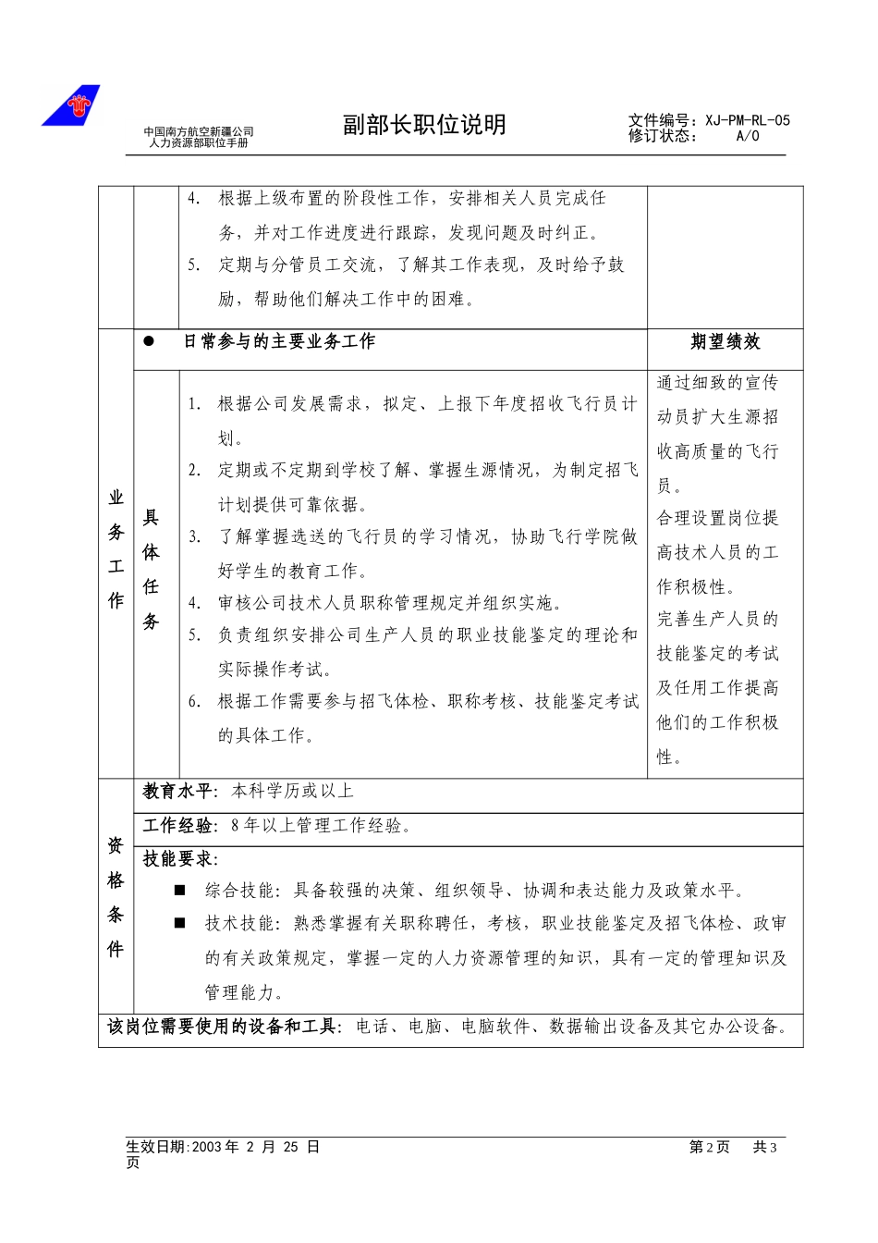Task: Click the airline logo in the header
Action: [71, 105]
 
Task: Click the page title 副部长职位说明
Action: [424, 125]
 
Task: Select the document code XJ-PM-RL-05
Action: [748, 120]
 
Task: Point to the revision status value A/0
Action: [747, 136]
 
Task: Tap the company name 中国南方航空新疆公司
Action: [199, 132]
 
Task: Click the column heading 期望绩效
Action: [726, 342]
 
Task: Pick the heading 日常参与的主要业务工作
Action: [279, 342]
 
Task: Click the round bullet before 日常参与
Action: [149, 341]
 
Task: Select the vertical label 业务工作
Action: [116, 549]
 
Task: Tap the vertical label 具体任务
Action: [151, 570]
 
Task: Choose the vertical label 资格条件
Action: [116, 897]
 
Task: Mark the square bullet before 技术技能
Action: [180, 924]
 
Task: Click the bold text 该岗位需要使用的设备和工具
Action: [225, 1027]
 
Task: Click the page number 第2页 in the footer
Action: [709, 1147]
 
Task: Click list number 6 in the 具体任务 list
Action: [194, 702]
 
